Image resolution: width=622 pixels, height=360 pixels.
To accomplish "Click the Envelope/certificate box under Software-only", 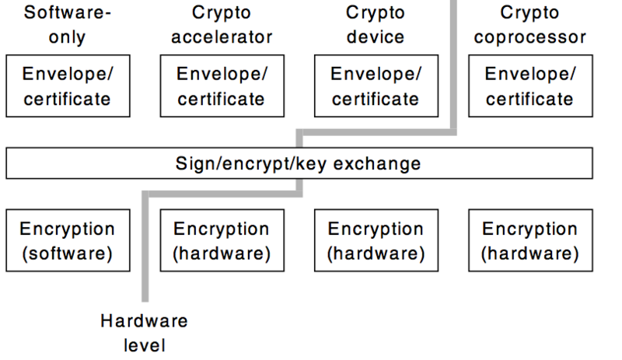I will click(67, 86).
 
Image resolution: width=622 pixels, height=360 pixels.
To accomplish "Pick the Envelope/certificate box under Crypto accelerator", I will click(221, 86).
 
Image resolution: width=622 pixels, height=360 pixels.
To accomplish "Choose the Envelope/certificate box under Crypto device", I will click(375, 86).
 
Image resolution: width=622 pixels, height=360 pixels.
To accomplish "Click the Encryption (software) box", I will click(67, 241).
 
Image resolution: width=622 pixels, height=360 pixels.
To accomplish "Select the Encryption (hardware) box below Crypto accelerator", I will click(221, 241).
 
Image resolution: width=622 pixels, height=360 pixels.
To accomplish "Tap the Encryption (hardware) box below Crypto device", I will click(375, 241).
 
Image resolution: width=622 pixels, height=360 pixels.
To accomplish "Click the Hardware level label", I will click(144, 332).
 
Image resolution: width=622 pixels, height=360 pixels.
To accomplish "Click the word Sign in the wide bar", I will click(191, 164).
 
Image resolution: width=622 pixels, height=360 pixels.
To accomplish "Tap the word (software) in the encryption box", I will click(67, 253).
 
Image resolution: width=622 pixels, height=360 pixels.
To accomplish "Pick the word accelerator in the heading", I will click(221, 37).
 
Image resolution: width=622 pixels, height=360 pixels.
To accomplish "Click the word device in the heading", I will click(375, 37).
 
